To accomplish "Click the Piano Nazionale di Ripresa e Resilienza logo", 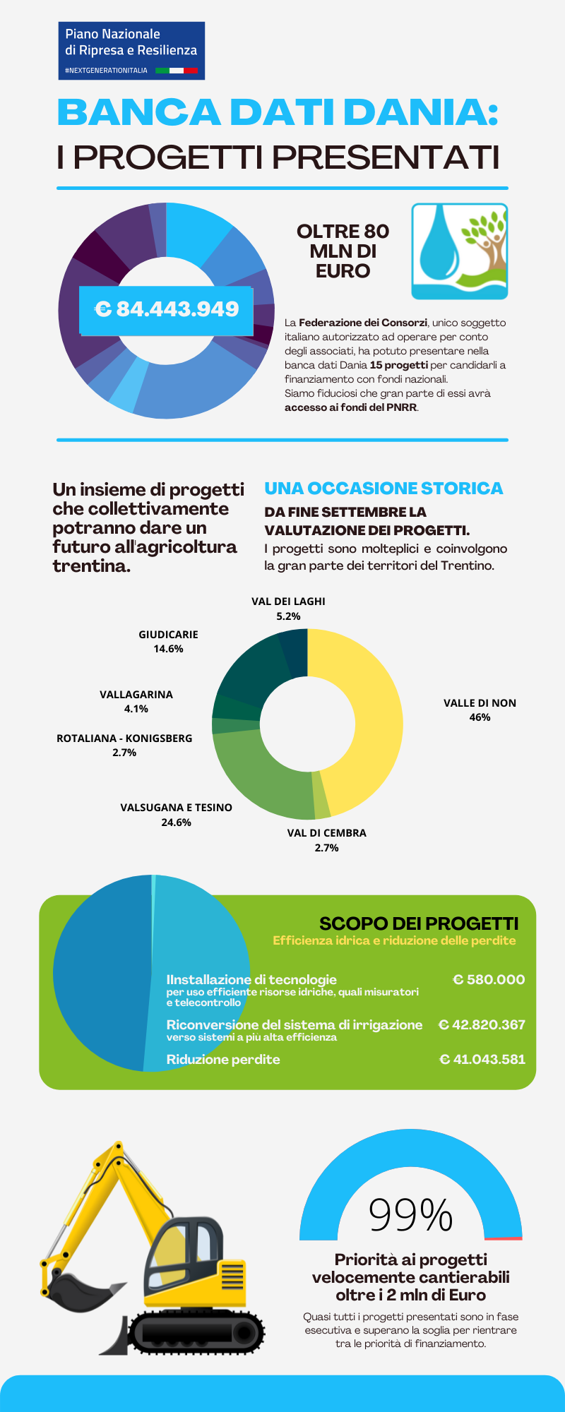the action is pyautogui.click(x=131, y=50).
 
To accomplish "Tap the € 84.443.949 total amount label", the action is pyautogui.click(x=166, y=310).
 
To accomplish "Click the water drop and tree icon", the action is pyautogui.click(x=460, y=251).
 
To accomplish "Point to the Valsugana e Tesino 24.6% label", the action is pyautogui.click(x=176, y=815).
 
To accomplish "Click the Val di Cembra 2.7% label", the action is pyautogui.click(x=326, y=840).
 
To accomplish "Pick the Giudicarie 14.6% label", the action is pyautogui.click(x=168, y=642).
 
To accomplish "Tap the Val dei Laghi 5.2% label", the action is pyautogui.click(x=288, y=609).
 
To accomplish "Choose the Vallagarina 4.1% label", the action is pyautogui.click(x=136, y=702).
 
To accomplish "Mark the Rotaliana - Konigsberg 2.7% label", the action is pyautogui.click(x=124, y=746).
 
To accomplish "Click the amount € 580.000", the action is pyautogui.click(x=489, y=979).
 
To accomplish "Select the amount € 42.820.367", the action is pyautogui.click(x=482, y=1024).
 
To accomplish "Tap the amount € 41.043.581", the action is pyautogui.click(x=482, y=1059).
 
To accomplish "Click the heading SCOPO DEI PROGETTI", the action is pyautogui.click(x=419, y=923).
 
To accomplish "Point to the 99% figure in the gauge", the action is pyautogui.click(x=410, y=1215).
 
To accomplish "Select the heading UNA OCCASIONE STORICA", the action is pyautogui.click(x=383, y=489).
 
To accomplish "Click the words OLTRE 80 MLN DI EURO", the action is pyautogui.click(x=343, y=251).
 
